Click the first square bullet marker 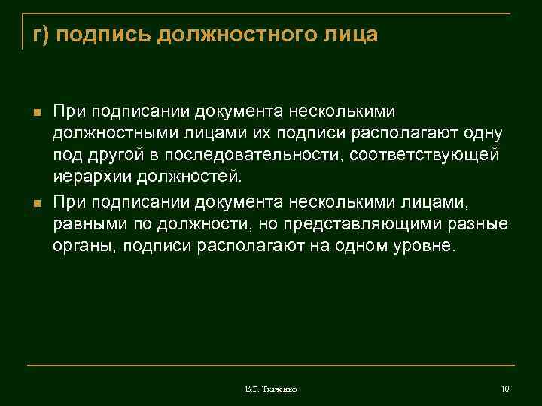[34, 114]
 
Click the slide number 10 [505, 389]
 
